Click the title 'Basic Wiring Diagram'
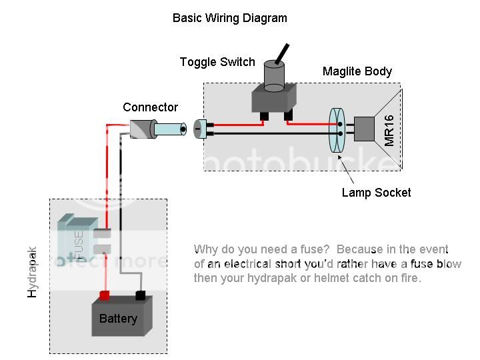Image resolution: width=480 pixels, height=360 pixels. tap(229, 18)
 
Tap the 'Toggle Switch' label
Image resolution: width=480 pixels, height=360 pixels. tap(217, 62)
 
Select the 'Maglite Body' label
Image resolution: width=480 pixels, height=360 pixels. tap(357, 71)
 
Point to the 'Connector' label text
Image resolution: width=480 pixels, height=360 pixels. tap(151, 107)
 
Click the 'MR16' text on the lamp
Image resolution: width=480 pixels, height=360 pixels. tap(390, 131)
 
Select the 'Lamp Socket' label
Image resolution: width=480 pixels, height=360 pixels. tap(376, 193)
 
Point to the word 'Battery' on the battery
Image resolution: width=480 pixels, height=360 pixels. tap(118, 319)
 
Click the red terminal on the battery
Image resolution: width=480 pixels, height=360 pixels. tap(104, 295)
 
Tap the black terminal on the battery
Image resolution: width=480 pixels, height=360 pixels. tap(141, 295)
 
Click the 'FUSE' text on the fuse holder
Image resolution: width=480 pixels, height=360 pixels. tap(79, 244)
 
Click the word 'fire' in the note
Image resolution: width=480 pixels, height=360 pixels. tap(408, 278)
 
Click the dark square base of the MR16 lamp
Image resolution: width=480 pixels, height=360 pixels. tap(365, 129)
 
